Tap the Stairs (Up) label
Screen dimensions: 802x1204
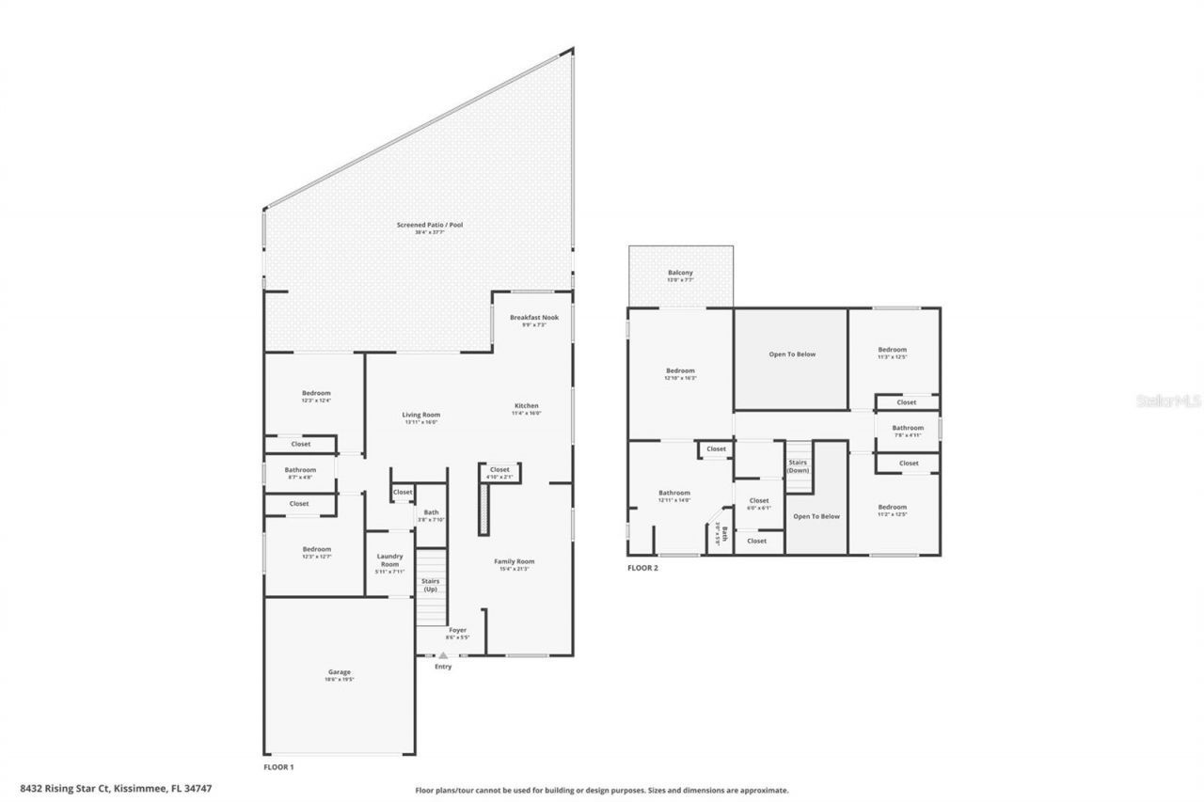[430, 585]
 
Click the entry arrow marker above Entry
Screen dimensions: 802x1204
[443, 653]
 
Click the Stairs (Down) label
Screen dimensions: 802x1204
[798, 465]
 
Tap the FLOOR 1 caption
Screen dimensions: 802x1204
[278, 767]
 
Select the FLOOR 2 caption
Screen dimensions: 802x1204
[642, 568]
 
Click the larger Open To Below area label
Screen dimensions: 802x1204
[792, 354]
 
